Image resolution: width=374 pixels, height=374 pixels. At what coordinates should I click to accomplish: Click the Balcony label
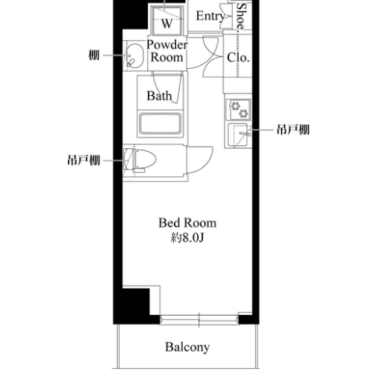[x=187, y=347]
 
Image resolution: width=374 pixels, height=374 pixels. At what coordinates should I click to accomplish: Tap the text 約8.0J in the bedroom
[x=187, y=239]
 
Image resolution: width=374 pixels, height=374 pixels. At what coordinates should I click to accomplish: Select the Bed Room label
[x=187, y=223]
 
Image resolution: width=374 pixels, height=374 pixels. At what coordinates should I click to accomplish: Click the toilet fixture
[x=140, y=160]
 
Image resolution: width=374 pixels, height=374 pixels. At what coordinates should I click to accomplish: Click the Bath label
[x=159, y=96]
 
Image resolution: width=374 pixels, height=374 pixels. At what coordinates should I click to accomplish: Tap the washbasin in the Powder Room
[x=134, y=56]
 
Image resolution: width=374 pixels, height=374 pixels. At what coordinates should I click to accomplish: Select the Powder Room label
[x=166, y=51]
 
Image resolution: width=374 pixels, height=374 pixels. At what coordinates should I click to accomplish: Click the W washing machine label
[x=166, y=24]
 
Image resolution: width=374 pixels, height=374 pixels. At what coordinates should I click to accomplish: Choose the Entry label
[x=211, y=16]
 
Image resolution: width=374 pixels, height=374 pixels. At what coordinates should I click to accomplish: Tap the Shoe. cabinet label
[x=240, y=16]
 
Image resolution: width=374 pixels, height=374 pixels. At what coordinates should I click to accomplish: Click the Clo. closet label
[x=238, y=58]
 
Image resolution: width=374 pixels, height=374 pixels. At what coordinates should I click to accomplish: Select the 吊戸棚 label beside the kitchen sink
[x=293, y=129]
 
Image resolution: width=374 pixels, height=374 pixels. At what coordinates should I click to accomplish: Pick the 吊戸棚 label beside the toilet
[x=84, y=160]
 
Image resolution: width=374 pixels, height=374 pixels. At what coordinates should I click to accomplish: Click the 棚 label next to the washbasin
[x=94, y=55]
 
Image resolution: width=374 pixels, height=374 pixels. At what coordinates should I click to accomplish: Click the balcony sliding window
[x=199, y=319]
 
